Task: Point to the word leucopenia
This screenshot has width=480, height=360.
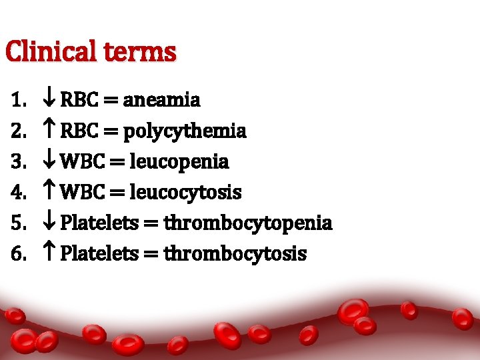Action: [x=179, y=161]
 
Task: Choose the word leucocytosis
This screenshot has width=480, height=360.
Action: [x=185, y=193]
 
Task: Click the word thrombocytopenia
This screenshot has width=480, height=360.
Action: [x=248, y=223]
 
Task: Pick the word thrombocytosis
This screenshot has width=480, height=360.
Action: [x=235, y=253]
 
